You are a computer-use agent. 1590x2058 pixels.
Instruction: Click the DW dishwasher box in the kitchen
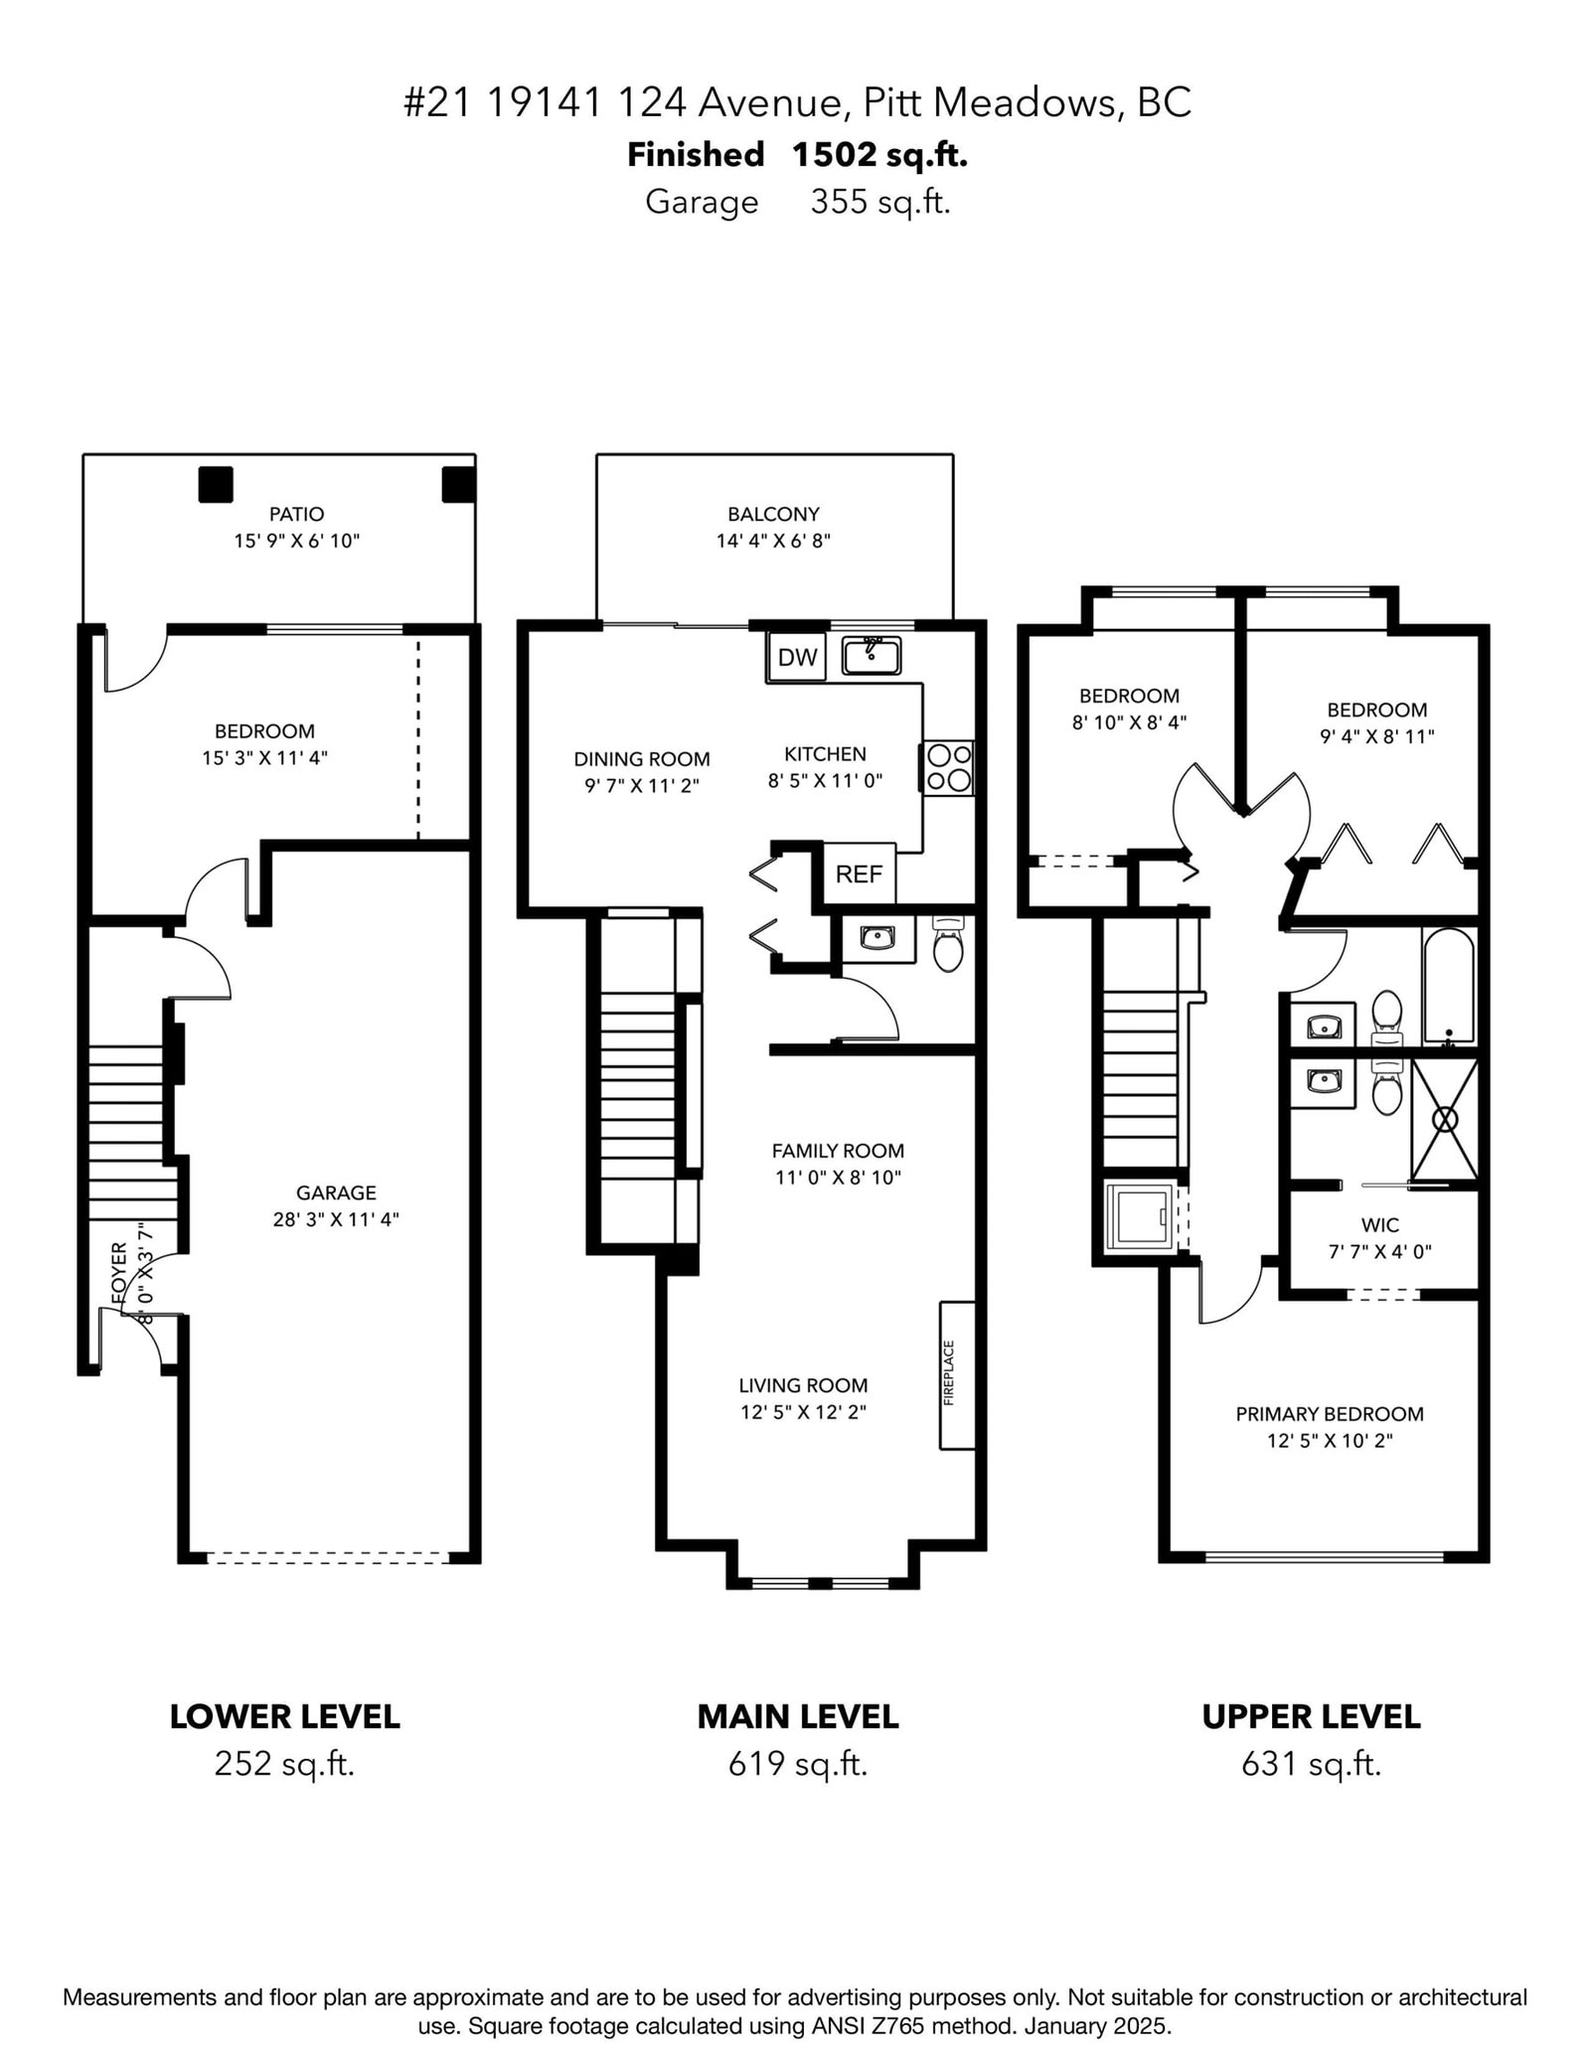[797, 656]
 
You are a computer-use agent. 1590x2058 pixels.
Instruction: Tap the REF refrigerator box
[860, 873]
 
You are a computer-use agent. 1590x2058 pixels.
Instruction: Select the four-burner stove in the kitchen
[949, 768]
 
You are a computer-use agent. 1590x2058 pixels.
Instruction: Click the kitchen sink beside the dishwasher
[872, 656]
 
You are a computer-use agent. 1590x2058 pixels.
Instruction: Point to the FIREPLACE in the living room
[957, 1374]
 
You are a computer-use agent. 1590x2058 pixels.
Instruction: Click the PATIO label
[296, 514]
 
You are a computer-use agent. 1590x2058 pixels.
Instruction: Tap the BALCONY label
[773, 514]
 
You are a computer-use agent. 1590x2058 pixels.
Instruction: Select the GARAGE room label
[336, 1192]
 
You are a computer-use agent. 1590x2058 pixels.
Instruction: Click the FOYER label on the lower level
[119, 1275]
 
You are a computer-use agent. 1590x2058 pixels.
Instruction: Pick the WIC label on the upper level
[1379, 1225]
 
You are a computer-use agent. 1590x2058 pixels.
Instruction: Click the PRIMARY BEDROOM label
[1330, 1414]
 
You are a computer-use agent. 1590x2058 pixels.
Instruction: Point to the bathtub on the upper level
[1448, 986]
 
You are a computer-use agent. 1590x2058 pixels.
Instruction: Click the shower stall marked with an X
[1445, 1120]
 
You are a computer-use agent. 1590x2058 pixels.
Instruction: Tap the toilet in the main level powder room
[948, 944]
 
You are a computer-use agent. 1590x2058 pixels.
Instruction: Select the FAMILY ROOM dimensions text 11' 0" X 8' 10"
[838, 1178]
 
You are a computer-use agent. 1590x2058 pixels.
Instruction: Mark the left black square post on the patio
[216, 484]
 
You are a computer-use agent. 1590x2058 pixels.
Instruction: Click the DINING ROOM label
[642, 759]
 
